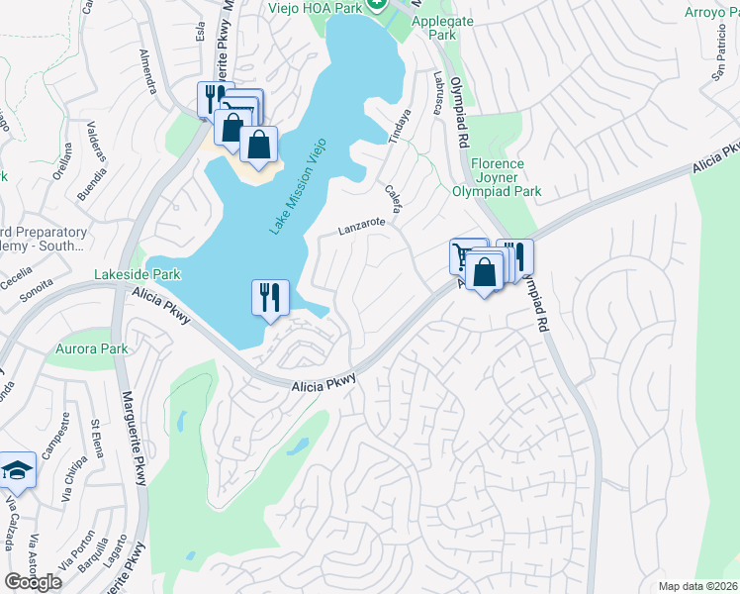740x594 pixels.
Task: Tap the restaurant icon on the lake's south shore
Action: coord(269,296)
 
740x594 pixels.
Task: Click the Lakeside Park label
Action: coord(138,273)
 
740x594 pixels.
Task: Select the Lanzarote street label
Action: coord(361,226)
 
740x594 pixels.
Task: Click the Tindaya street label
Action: coord(402,126)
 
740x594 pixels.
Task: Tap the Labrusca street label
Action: coord(436,90)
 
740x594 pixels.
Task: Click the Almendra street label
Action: coord(148,70)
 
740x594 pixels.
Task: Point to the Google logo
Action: coord(33,581)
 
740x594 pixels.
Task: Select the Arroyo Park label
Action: coord(711,13)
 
